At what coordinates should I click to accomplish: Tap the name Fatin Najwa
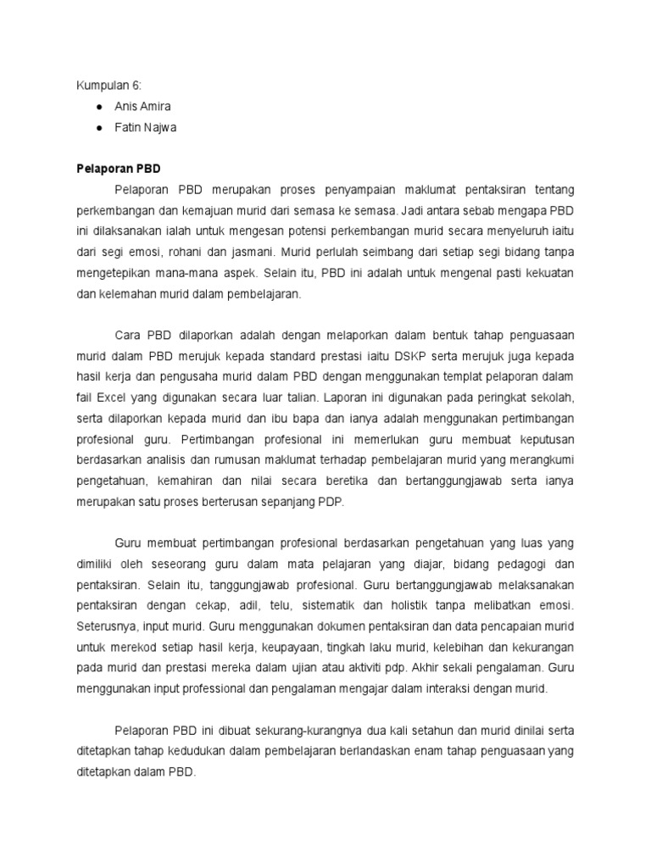(x=147, y=127)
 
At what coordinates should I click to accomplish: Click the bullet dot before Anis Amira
(x=99, y=107)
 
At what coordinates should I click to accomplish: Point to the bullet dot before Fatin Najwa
(x=99, y=127)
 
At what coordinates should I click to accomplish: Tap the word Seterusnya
(x=110, y=626)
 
